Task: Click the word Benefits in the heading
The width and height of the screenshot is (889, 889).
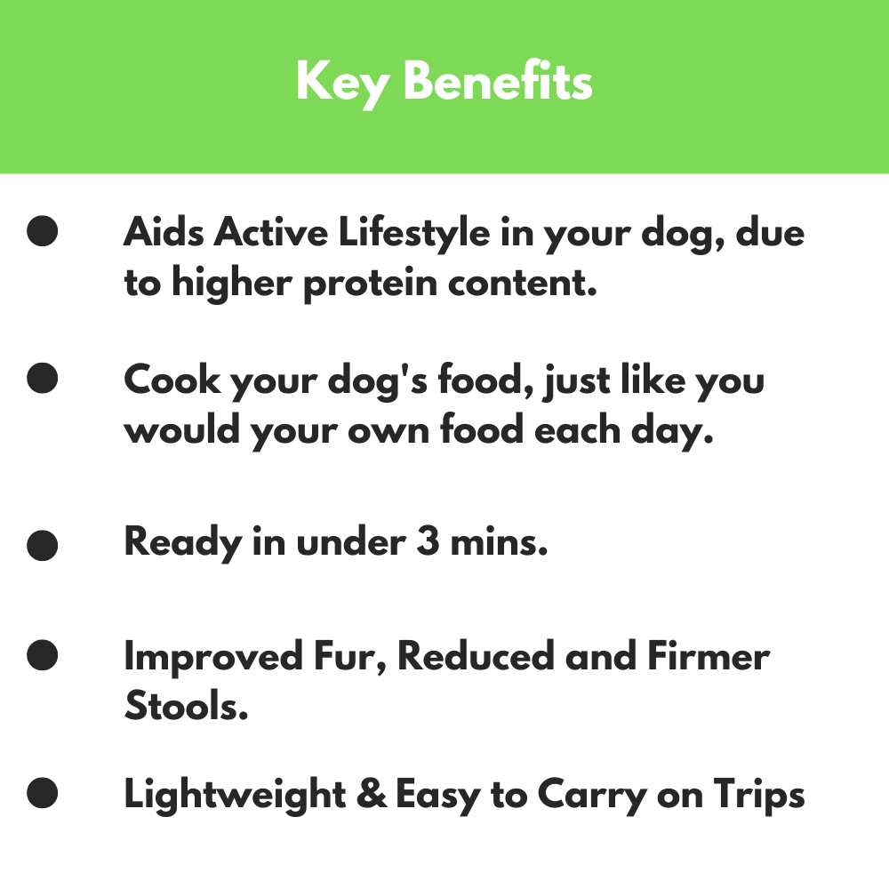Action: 498,82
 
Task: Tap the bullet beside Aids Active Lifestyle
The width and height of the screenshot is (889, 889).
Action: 43,232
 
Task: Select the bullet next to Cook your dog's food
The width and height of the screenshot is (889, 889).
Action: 43,379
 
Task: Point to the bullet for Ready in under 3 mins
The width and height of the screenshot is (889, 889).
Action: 43,544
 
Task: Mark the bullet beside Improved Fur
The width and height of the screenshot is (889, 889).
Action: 43,657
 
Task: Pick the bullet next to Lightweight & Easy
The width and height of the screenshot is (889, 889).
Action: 43,792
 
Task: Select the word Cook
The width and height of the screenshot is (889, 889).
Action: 172,380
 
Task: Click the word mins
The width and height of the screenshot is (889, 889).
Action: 499,542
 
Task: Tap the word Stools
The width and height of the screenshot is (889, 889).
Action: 186,707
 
